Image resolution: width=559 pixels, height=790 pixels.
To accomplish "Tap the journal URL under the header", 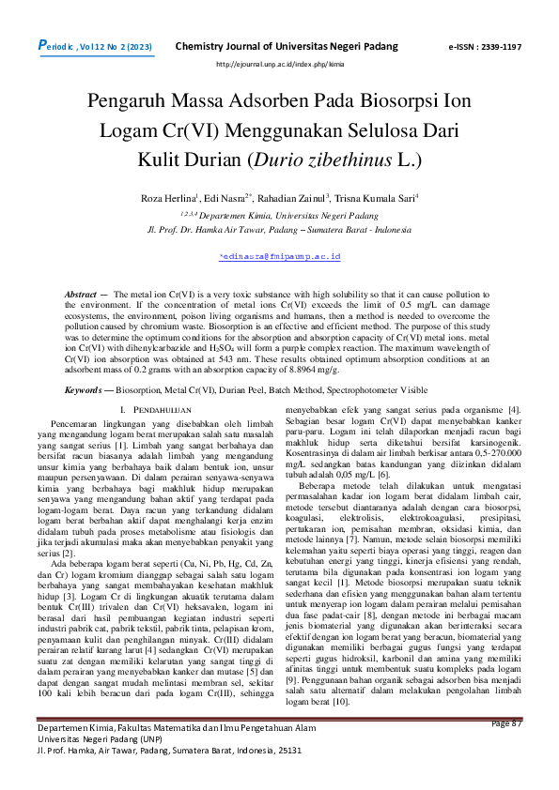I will [x=280, y=64].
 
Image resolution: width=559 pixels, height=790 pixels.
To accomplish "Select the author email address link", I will [x=279, y=255].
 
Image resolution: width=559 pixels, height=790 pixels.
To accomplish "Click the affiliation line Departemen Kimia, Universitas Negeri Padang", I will [x=279, y=215].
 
